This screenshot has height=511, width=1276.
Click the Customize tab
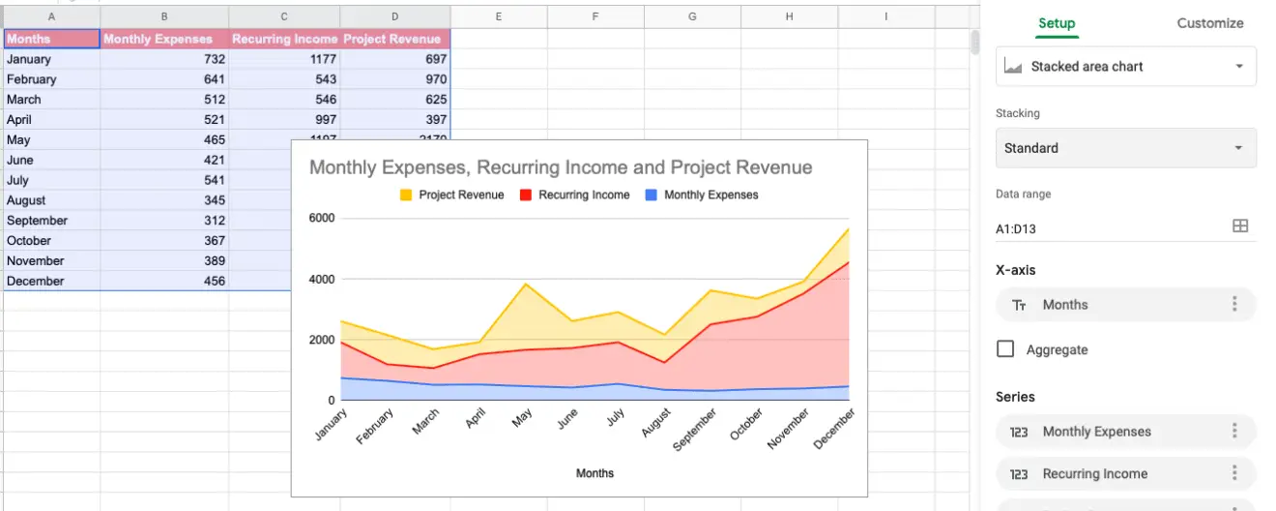click(1209, 23)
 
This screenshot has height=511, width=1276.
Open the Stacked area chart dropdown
click(1126, 67)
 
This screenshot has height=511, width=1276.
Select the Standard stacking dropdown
click(1126, 148)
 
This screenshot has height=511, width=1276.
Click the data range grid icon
click(1240, 225)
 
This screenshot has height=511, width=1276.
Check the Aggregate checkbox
click(1005, 349)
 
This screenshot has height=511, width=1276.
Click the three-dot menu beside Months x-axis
click(1234, 305)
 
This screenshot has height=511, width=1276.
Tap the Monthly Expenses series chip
click(1097, 432)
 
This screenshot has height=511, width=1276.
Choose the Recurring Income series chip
click(1095, 474)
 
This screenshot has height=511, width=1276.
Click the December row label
click(36, 281)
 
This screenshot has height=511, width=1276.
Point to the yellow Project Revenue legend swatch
click(406, 195)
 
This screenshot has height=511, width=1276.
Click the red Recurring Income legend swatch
click(526, 195)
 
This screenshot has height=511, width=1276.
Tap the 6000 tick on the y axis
click(321, 218)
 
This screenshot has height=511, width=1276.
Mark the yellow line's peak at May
click(525, 284)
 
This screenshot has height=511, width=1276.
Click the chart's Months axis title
click(594, 473)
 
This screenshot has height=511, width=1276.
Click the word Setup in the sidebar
click(1057, 23)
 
